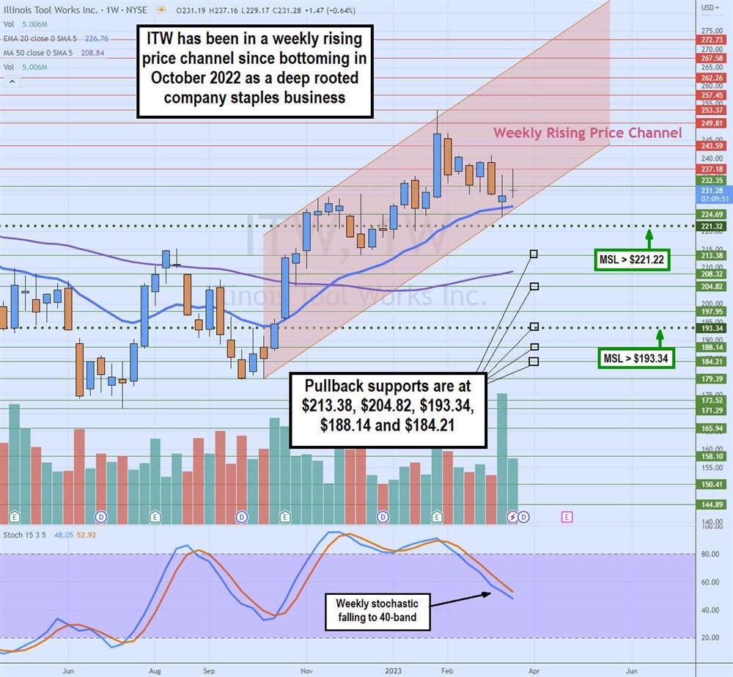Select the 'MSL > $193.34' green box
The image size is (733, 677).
pyautogui.click(x=636, y=359)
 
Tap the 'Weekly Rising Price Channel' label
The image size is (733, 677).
pyautogui.click(x=587, y=133)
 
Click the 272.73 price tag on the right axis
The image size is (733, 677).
pyautogui.click(x=712, y=40)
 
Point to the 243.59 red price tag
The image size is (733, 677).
pyautogui.click(x=712, y=146)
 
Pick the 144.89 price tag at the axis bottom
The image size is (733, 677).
pyautogui.click(x=712, y=505)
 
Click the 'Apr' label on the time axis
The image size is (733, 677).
pyautogui.click(x=534, y=670)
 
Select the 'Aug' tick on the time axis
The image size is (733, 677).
pyautogui.click(x=155, y=670)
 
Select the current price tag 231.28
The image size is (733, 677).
pyautogui.click(x=712, y=190)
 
